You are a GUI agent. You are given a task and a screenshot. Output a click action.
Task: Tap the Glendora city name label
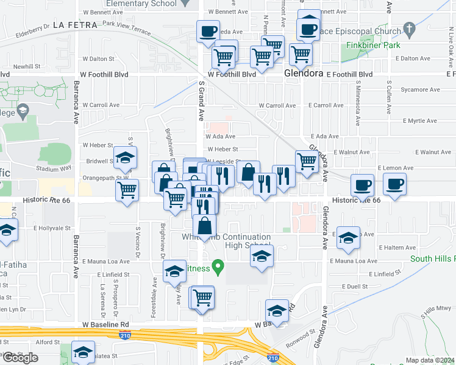(x=303, y=73)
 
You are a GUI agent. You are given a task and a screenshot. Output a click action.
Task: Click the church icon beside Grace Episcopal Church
(x=409, y=29)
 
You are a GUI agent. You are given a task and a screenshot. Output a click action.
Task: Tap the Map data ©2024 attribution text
(x=430, y=360)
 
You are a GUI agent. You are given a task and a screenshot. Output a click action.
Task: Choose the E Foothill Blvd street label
(x=349, y=74)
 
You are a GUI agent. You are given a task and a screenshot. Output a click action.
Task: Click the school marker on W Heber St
(x=125, y=158)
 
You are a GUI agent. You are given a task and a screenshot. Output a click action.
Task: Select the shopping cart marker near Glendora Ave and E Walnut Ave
(x=307, y=162)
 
